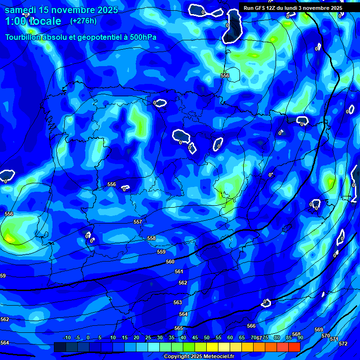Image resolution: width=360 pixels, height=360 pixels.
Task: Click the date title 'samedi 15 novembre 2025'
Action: pos(61,10)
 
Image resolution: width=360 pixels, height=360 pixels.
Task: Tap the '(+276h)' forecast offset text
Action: pos(83,21)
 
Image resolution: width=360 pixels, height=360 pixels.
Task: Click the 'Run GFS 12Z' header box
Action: pos(293,8)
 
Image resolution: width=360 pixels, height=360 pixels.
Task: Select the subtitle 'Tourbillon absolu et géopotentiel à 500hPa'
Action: pos(81,37)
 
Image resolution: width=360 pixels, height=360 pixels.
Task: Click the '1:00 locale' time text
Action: pos(33,21)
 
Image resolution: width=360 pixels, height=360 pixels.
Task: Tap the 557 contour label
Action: pos(138,222)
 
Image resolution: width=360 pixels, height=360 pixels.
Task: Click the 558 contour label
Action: pos(151,238)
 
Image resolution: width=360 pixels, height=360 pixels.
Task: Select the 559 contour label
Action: pos(161,252)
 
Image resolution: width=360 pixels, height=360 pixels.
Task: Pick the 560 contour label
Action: pos(170,262)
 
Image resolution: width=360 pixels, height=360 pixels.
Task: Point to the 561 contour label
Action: pos(179,271)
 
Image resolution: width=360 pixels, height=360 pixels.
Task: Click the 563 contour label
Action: pos(178,302)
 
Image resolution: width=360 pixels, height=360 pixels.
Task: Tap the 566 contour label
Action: pos(251,326)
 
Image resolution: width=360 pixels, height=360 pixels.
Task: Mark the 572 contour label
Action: pos(343,344)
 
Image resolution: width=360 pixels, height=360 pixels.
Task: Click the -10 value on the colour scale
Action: pos(67,337)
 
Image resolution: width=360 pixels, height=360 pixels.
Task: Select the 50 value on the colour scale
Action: pos(207,337)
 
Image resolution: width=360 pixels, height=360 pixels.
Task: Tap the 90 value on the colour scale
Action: pos(300,337)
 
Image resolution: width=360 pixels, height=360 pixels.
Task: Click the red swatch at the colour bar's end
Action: pos(294,347)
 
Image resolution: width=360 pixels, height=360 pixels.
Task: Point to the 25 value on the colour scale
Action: pos(148,337)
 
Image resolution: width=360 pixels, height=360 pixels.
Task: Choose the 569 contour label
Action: pos(319,330)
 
